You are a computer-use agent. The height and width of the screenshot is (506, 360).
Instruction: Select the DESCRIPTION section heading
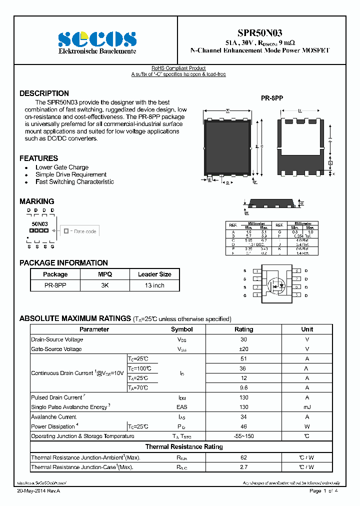click(44, 93)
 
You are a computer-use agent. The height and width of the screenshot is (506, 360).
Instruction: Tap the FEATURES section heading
click(38, 158)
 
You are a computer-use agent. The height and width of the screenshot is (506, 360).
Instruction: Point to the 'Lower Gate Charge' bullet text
click(62, 167)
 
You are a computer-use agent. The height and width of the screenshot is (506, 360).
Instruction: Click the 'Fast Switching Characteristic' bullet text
click(74, 182)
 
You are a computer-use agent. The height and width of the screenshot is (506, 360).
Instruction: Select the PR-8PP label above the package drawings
click(272, 98)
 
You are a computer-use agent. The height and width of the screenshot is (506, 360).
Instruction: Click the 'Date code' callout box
click(80, 231)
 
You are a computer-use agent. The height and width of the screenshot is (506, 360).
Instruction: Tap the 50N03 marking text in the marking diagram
click(40, 224)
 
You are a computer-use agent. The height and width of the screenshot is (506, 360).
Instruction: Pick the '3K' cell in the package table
click(105, 285)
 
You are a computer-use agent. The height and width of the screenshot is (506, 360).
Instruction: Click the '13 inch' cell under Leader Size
click(154, 285)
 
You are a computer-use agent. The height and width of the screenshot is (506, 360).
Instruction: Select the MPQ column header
click(105, 274)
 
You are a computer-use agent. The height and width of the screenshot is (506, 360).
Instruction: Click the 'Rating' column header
click(243, 329)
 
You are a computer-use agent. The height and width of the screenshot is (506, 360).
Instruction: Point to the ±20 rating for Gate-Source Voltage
click(243, 349)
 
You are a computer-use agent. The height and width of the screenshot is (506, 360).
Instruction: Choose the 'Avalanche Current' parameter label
click(53, 417)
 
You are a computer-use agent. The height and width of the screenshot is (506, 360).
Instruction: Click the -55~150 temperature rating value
click(243, 436)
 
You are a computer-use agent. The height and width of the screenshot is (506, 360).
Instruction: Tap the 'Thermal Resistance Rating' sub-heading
click(184, 446)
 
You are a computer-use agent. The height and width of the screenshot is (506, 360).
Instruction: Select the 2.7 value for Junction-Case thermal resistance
click(243, 467)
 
